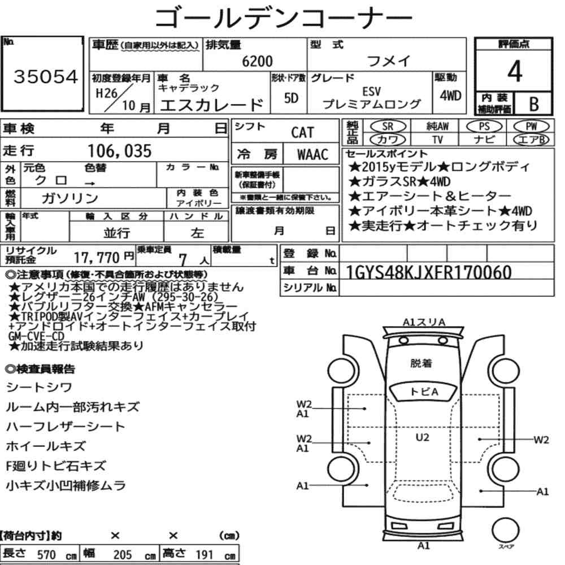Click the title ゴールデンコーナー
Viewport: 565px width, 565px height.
pyautogui.click(x=283, y=18)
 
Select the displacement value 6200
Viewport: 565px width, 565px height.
pyautogui.click(x=257, y=62)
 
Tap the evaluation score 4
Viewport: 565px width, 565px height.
pyautogui.click(x=514, y=71)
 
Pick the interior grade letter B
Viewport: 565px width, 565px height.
pyautogui.click(x=532, y=103)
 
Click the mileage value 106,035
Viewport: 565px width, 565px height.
pyautogui.click(x=120, y=150)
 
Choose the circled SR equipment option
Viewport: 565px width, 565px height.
pyautogui.click(x=388, y=127)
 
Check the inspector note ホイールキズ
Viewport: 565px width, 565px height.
pyautogui.click(x=46, y=446)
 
